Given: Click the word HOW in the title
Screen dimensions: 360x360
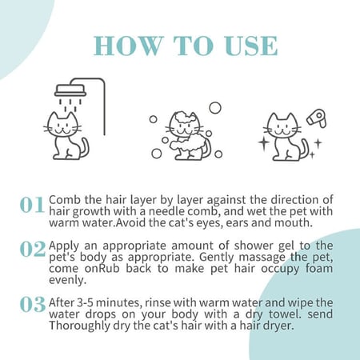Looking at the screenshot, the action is (128, 46).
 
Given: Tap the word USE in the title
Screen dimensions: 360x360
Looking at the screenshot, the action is (250, 46).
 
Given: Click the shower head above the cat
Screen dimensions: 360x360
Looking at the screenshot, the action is (70, 90).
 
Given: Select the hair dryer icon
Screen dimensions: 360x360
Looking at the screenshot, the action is (317, 118).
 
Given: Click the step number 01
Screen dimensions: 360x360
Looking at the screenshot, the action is (32, 205).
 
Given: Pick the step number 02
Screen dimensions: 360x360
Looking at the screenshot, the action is (33, 249).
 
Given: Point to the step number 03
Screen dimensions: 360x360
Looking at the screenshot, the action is (33, 304).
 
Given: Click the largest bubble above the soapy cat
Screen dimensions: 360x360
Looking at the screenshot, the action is (215, 108).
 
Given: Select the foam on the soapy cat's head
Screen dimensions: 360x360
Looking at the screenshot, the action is (184, 117).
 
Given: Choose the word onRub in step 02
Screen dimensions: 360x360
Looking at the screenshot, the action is (102, 269).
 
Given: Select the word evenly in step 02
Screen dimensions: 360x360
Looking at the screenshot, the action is (68, 280).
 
